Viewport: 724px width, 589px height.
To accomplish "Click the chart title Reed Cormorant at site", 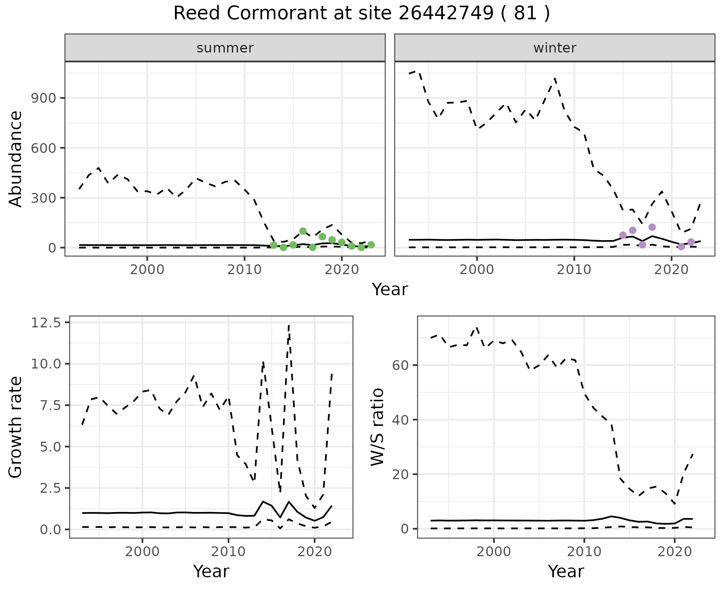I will (x=361, y=14).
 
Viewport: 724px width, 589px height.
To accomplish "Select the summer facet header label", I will (x=225, y=48).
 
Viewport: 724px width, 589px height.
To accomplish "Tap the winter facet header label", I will (x=555, y=48).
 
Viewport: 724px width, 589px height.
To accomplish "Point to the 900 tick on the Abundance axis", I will (x=44, y=98).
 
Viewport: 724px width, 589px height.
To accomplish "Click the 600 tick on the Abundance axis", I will (x=44, y=148).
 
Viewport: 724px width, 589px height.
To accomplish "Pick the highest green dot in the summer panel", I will (x=303, y=231).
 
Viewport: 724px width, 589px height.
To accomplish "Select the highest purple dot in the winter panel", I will (x=652, y=227).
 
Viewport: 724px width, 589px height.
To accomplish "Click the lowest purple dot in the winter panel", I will (x=681, y=247).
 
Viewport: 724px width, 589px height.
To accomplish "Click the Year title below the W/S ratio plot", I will (x=566, y=572).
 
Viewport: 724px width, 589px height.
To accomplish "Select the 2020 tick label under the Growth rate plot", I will (x=314, y=552).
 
